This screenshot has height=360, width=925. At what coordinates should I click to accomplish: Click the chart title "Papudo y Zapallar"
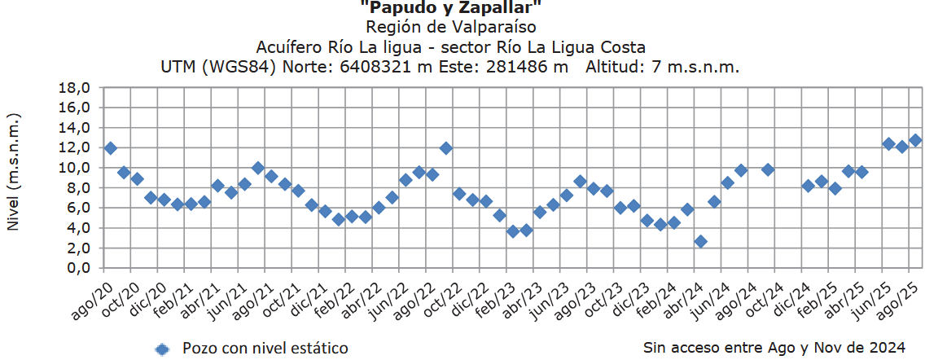450,8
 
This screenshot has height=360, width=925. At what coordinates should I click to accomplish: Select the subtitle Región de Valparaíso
450,27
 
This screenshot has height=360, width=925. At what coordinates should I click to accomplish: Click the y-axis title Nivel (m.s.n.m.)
14,172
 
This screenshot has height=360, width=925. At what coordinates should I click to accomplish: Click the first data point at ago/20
111,148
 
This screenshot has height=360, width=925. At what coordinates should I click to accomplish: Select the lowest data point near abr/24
700,242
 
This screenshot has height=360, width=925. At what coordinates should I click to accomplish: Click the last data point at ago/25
915,140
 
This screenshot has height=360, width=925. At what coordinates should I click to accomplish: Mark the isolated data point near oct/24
768,169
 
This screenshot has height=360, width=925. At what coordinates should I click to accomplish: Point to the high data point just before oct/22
446,148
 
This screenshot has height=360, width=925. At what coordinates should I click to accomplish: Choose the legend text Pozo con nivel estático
265,349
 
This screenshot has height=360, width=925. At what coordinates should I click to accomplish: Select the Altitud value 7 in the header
656,67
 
